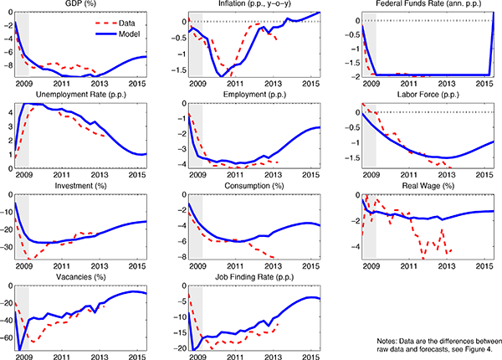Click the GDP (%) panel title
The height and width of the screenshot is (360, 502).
[79, 4]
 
